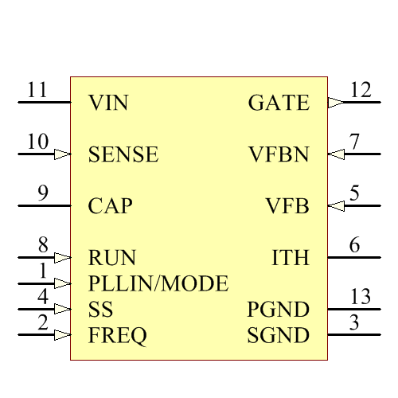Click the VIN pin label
tap(108, 103)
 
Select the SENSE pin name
tap(123, 154)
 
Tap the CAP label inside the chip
tap(110, 206)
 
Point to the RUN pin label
tap(112, 258)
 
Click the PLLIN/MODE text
tap(158, 283)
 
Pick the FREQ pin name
tap(118, 336)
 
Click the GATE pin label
tap(279, 103)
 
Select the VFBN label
tap(279, 154)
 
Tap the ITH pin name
tap(291, 258)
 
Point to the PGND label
tap(278, 310)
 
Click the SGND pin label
tap(278, 336)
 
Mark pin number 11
tap(37, 89)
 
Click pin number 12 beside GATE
tap(361, 89)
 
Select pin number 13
tap(361, 297)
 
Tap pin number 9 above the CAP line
tap(43, 193)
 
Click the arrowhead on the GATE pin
tap(336, 103)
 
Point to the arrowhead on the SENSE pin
tap(62, 154)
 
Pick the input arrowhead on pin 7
tap(336, 154)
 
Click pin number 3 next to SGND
tap(354, 322)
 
